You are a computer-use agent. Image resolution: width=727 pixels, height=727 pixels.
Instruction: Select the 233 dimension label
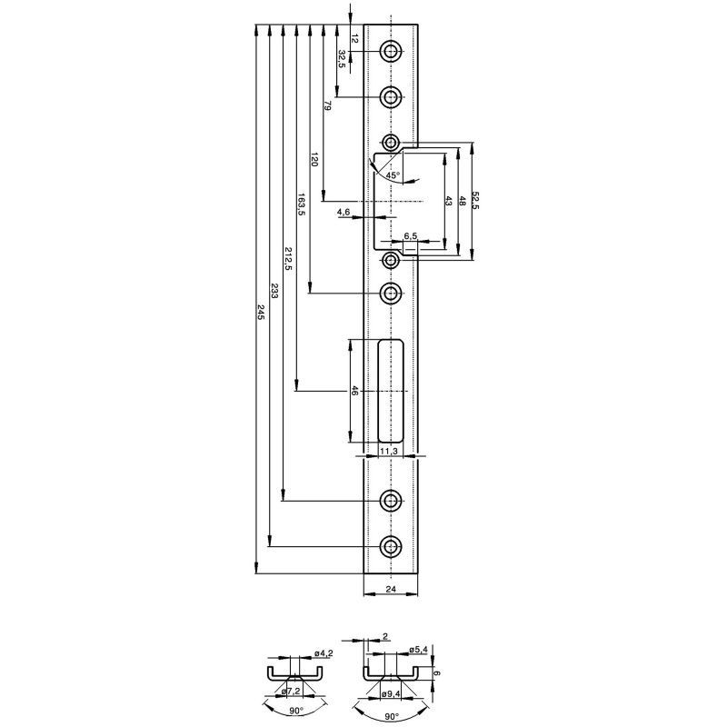274,290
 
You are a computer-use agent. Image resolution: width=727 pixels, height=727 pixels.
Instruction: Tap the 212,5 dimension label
288,259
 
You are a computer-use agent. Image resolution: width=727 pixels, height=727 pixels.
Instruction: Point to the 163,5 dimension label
302,204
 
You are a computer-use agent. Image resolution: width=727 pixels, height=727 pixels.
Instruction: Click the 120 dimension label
314,159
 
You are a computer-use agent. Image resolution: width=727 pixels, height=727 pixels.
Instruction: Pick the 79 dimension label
328,105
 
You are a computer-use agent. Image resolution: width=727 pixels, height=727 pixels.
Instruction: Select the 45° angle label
393,175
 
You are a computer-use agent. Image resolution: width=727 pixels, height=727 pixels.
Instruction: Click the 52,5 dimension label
475,200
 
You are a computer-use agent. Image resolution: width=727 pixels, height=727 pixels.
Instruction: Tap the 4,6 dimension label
344,212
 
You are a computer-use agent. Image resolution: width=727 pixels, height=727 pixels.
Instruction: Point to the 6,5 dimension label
411,236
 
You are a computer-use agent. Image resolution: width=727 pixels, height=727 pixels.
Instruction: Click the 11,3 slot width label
389,451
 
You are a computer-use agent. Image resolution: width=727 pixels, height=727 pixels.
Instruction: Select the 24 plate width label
391,589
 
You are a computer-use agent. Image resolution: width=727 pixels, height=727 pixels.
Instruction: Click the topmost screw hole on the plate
391,51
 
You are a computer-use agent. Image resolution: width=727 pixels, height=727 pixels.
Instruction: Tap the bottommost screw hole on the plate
391,547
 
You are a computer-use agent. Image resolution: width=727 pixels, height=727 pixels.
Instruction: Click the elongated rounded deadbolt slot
391,391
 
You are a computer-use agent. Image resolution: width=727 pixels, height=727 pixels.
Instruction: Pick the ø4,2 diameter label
324,653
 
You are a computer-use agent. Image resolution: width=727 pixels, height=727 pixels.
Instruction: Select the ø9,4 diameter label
390,693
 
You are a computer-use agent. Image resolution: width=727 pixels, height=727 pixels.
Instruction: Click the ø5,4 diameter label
418,650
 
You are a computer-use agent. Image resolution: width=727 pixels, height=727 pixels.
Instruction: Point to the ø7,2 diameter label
291,692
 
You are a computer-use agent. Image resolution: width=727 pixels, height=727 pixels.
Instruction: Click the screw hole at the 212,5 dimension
391,501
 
